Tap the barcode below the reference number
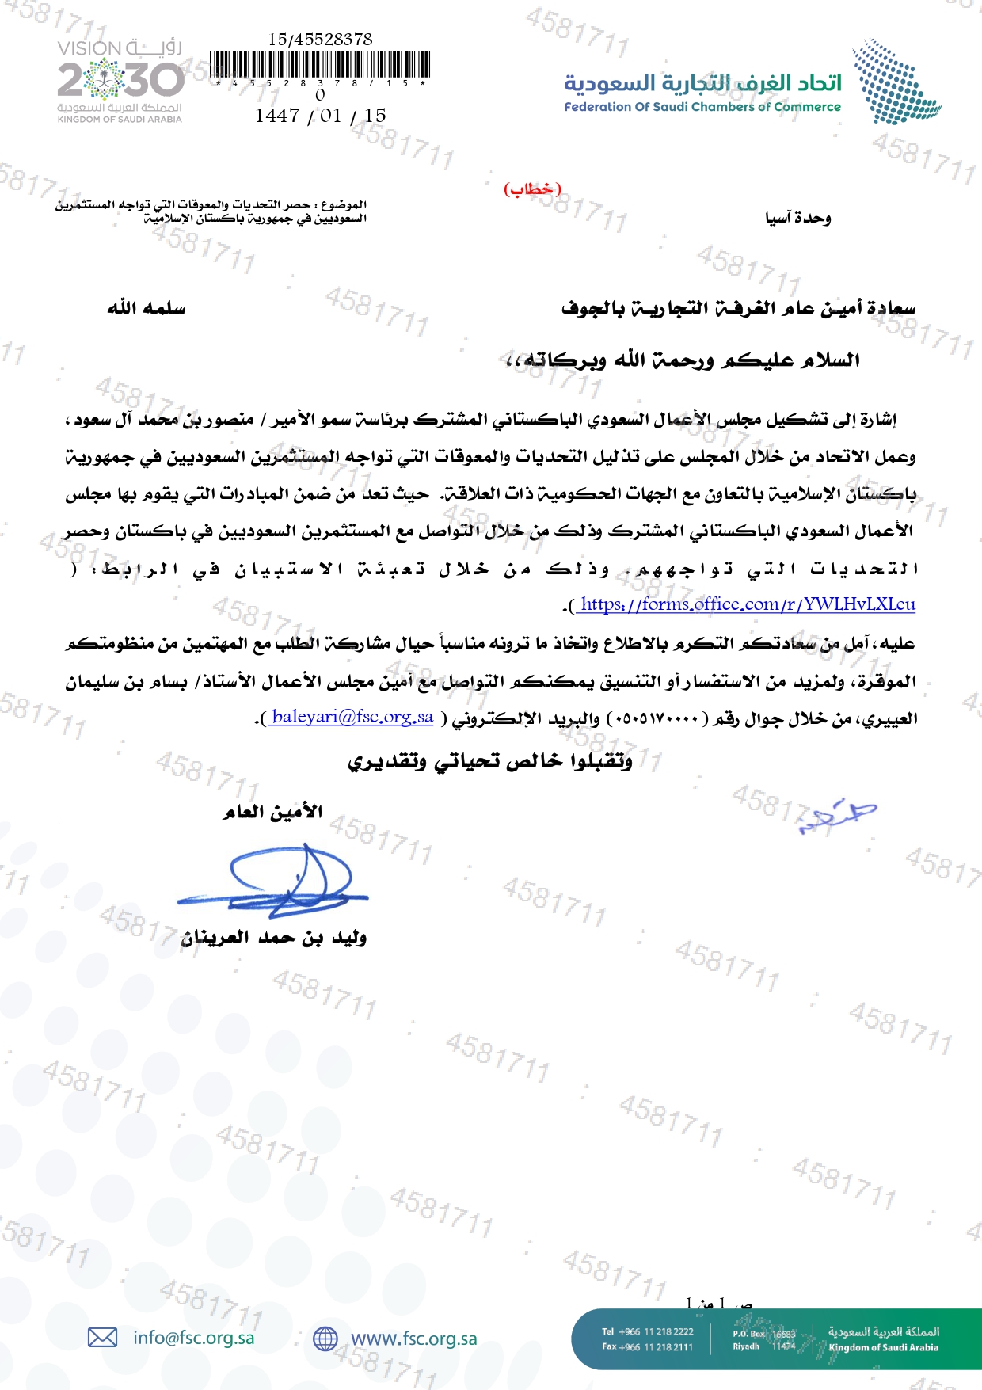321,65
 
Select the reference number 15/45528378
320,39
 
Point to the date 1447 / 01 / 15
321,116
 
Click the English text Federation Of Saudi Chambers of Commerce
702,107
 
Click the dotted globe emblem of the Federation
896,82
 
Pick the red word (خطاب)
532,189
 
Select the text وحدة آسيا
797,218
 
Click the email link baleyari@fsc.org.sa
352,717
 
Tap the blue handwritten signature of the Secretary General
277,879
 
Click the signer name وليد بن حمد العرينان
273,939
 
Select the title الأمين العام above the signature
272,812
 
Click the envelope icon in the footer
102,1338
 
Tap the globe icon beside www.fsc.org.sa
325,1339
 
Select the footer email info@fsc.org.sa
193,1338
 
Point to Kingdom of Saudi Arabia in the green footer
883,1347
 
